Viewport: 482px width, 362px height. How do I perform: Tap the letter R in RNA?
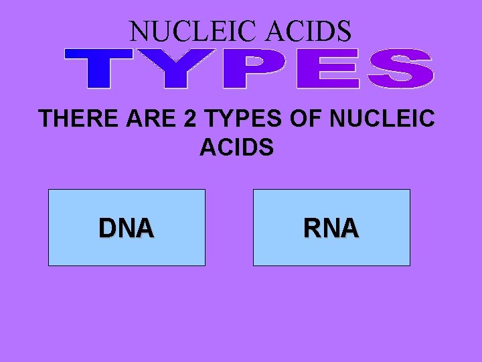pyautogui.click(x=312, y=229)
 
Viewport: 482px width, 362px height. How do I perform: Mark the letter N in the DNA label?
pyautogui.click(x=127, y=229)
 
